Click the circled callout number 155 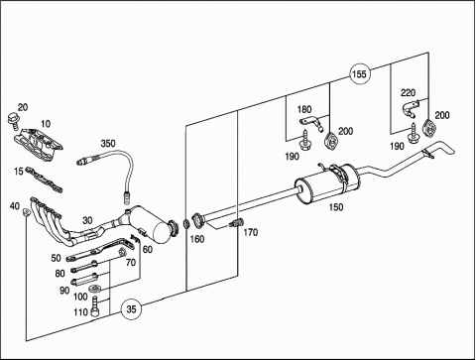click(360, 73)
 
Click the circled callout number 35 click(131, 309)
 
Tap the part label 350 click(108, 144)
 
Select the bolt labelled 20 click(13, 120)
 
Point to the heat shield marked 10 click(38, 145)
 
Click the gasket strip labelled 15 click(44, 180)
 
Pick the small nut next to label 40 click(26, 211)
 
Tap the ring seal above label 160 click(186, 224)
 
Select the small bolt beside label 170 click(236, 222)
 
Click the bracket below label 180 click(311, 123)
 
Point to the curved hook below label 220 click(410, 109)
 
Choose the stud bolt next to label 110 click(95, 306)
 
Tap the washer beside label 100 click(95, 289)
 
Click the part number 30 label click(87, 220)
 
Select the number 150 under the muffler click(336, 207)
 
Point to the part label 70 click(131, 263)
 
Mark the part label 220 click(408, 93)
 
